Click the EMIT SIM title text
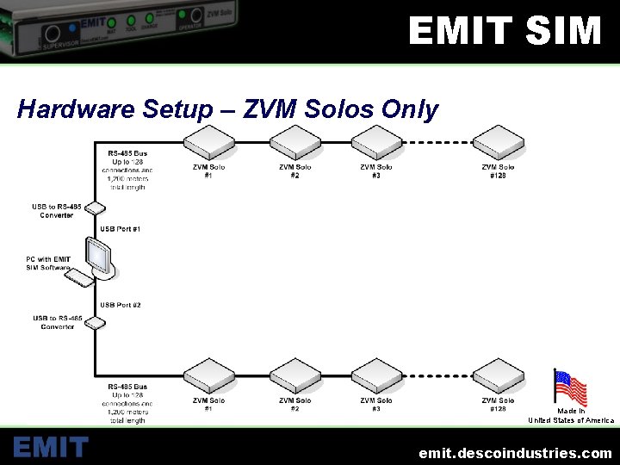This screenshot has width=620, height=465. coord(505,32)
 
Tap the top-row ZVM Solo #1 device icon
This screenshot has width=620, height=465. coord(210,142)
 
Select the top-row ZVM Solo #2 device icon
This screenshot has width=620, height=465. coord(295,142)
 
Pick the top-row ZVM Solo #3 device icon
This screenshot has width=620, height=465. coord(376,142)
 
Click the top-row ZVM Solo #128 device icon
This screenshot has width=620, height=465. coord(498,142)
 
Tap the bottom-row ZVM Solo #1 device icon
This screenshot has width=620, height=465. coord(210,375)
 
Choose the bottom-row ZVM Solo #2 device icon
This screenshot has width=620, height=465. coord(295,375)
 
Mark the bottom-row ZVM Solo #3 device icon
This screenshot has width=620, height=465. coord(376,375)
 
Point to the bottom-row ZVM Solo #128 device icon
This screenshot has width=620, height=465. coord(498,375)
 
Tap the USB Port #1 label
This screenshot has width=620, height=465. coord(121,229)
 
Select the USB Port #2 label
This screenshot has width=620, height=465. coord(121,305)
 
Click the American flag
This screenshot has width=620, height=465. coord(570,387)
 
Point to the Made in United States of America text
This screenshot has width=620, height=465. coord(571,416)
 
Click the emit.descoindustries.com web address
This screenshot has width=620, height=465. coord(515,452)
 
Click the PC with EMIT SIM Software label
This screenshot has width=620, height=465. coord(48,263)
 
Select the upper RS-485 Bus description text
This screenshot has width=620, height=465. coord(127,170)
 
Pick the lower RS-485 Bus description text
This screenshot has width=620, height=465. coord(127,404)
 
